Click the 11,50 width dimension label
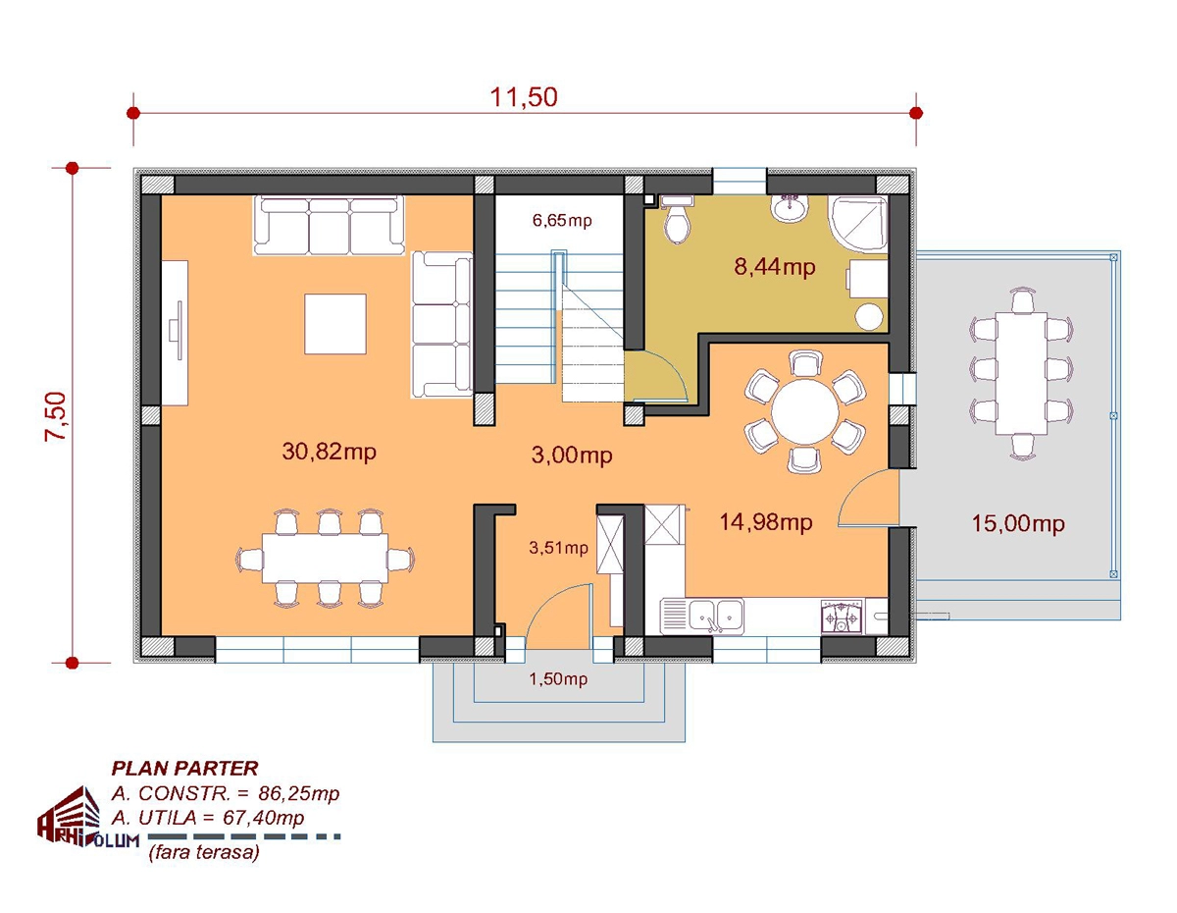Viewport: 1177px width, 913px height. [523, 97]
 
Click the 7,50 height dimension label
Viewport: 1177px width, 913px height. [56, 417]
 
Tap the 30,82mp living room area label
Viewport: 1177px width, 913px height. [329, 452]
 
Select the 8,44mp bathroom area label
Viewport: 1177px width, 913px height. [775, 267]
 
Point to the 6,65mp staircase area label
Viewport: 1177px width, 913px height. [562, 221]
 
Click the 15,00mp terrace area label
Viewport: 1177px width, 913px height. [1018, 523]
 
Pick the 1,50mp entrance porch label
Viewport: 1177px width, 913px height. [558, 678]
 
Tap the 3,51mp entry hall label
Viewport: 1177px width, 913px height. [558, 548]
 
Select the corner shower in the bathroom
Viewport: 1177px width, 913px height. [858, 225]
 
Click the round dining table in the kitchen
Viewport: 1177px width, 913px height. [805, 411]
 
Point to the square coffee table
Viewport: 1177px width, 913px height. [335, 324]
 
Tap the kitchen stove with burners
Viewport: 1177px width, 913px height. [842, 616]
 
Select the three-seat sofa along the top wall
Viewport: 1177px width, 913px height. [329, 226]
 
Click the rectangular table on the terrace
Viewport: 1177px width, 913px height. [1021, 374]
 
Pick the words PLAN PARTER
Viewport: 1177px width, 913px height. [184, 769]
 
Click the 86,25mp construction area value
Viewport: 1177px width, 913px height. [298, 794]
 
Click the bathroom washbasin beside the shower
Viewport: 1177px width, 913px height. [790, 208]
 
